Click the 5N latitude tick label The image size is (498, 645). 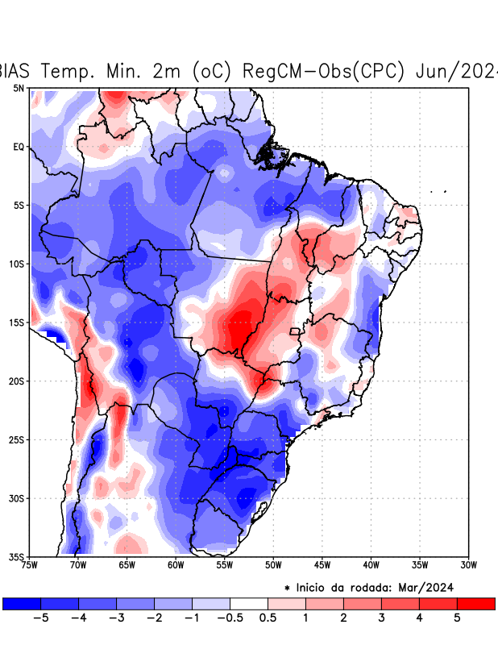(18, 88)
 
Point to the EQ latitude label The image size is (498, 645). (18, 147)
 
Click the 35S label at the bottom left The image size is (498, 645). (16, 556)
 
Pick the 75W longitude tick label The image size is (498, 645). (31, 565)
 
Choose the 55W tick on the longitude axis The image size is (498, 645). (225, 565)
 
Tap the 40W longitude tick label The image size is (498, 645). (371, 565)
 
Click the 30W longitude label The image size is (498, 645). (468, 565)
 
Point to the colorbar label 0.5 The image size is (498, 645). (268, 618)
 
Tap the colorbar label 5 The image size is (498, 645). (457, 618)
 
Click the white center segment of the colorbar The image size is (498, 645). (249, 603)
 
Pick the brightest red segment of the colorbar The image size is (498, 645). (475, 603)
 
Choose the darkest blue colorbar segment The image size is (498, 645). (22, 603)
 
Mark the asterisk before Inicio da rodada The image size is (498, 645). (288, 589)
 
